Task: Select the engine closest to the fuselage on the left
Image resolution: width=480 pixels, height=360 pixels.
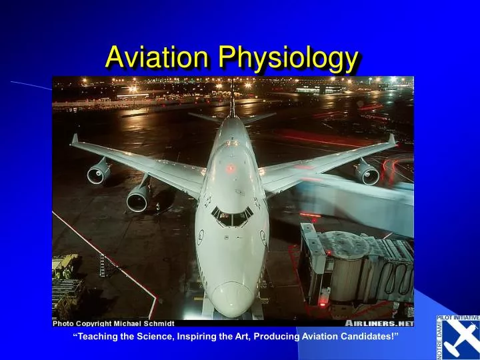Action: tap(139, 197)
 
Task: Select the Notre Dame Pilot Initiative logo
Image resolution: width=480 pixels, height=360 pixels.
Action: tap(457, 337)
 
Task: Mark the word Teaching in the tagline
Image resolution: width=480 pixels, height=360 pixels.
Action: tap(97, 336)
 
